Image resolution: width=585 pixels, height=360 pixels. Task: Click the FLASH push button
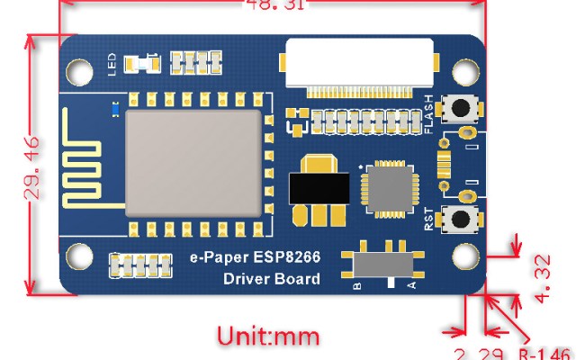pyautogui.click(x=463, y=107)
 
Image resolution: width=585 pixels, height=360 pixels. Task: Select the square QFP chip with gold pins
pyautogui.click(x=387, y=190)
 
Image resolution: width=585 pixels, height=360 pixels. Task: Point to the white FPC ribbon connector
pyautogui.click(x=358, y=65)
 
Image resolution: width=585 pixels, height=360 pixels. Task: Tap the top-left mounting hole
pyautogui.click(x=78, y=70)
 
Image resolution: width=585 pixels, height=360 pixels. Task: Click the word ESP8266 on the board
pyautogui.click(x=288, y=257)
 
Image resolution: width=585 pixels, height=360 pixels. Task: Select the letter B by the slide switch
pyautogui.click(x=357, y=286)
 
